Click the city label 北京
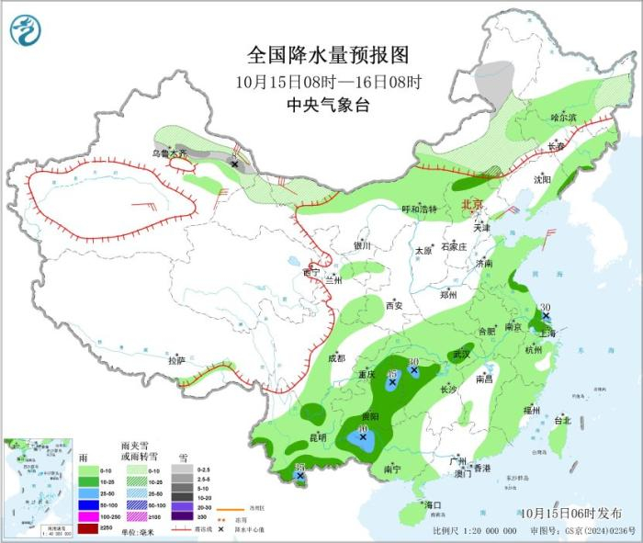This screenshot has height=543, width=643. pos(471,204)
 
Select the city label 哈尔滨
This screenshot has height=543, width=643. pos(563,118)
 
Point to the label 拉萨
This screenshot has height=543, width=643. pos(176,361)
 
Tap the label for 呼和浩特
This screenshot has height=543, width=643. pos(420,209)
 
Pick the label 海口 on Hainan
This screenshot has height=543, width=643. pos(432,505)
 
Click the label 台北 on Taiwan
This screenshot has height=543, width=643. pos(562,421)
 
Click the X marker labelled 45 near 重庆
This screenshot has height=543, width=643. pos(392,386)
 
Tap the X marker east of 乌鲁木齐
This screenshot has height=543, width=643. pos(234,164)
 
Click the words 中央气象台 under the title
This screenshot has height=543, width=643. pos(328,105)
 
